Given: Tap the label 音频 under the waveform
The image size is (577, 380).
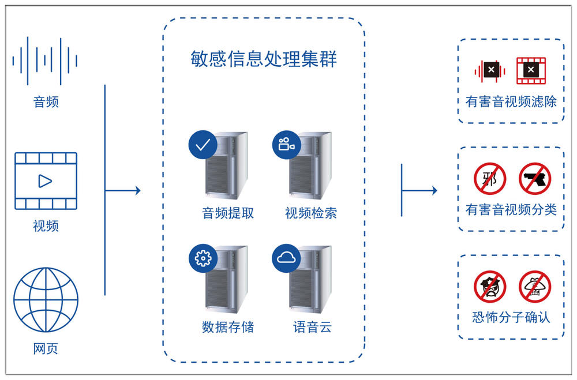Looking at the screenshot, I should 46,103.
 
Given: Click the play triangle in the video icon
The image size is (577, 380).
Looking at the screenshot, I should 44,181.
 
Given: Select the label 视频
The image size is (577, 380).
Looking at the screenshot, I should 46,225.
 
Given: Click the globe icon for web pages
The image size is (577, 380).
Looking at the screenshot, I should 46,299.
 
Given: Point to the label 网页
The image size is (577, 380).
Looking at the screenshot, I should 46,349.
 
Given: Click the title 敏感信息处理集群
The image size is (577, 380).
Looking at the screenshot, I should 264,59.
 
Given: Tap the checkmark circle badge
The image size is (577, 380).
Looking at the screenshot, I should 203,145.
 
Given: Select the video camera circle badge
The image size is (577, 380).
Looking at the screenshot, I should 286,145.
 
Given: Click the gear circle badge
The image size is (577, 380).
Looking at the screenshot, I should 203,258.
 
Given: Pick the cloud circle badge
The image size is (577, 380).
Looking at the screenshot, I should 286,258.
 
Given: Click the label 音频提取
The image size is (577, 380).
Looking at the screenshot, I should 228,213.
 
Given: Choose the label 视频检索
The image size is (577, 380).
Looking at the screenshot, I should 311,213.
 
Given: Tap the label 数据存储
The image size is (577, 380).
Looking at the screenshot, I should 228,327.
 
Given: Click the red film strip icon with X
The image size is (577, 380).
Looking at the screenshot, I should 531,70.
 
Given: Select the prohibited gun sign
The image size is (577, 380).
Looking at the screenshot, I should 535,178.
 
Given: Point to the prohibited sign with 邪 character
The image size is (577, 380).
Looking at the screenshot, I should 490,178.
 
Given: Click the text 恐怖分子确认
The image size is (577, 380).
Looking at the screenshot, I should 511,317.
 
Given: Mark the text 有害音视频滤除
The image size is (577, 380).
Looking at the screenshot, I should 511,102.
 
